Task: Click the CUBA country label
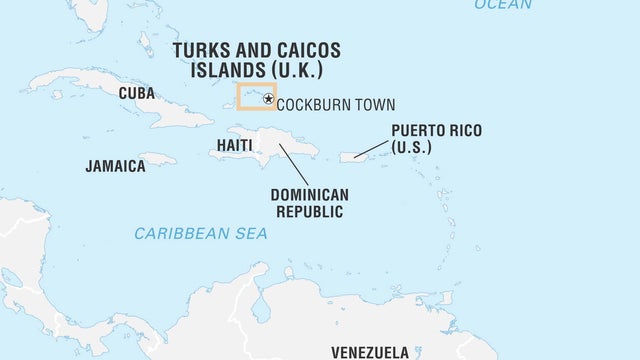pos(136,93)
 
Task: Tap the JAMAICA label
pos(115,166)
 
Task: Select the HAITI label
pos(235,146)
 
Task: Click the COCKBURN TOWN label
pos(335,105)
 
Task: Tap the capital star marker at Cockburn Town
pos(267,98)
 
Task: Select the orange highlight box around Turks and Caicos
pos(256,85)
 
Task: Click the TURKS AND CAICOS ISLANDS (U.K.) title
pos(256,60)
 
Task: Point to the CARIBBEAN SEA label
pos(201,233)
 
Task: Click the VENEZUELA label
pos(370,352)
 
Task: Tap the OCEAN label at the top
pos(503,5)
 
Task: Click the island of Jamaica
pos(157,159)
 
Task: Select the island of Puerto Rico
pos(354,156)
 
